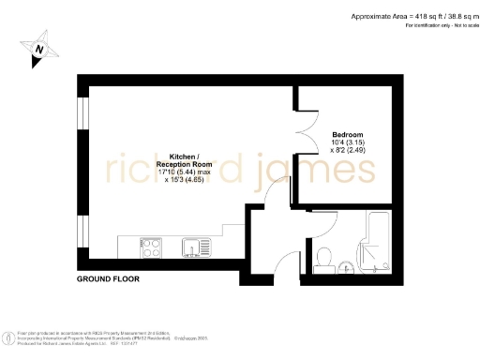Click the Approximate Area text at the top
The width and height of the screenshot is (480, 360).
tap(412, 17)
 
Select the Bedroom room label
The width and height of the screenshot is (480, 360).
tap(335, 133)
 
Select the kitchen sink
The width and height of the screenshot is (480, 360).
tap(198, 247)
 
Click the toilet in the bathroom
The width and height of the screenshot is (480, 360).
tap(323, 255)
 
